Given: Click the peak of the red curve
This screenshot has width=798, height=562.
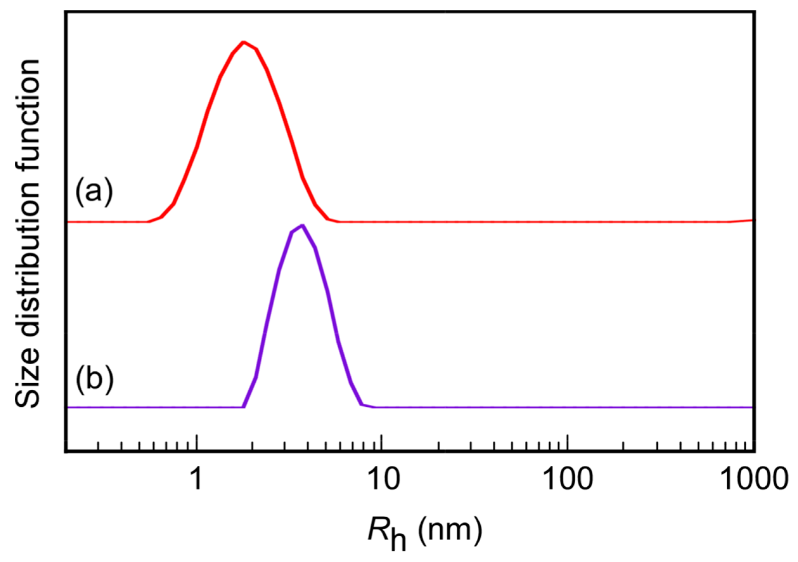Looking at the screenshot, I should click(x=244, y=42).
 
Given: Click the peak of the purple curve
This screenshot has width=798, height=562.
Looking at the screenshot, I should click(x=303, y=225).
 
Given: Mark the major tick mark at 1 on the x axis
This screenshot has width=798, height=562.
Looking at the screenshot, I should click(x=197, y=443).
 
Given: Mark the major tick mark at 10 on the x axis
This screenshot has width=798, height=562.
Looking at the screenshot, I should click(x=382, y=443).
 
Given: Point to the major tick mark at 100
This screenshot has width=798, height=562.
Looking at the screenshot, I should click(x=568, y=443).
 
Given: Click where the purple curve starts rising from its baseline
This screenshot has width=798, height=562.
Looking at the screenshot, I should click(x=244, y=407).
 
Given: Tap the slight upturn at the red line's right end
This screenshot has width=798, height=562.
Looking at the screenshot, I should click(x=747, y=220).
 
